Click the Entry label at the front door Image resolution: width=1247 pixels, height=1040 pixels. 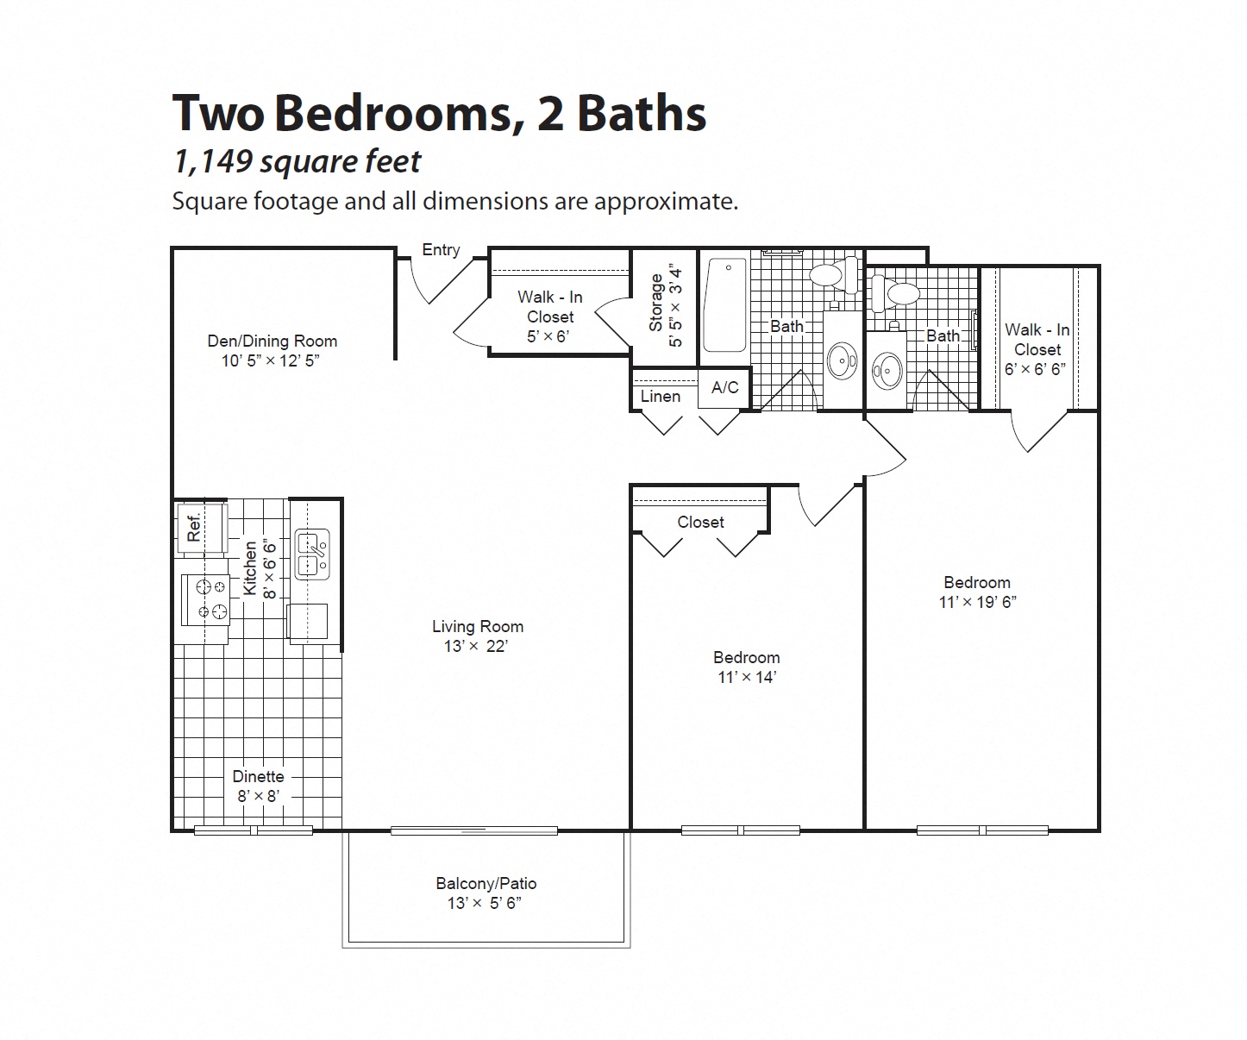(441, 250)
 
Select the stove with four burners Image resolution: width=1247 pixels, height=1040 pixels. (206, 599)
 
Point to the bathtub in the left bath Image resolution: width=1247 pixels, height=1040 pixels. (725, 305)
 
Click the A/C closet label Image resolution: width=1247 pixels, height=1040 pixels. (724, 388)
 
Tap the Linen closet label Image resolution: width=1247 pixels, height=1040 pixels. (661, 397)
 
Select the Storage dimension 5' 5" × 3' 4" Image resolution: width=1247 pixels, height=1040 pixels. (677, 307)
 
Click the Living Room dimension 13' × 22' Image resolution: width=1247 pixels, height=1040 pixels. (476, 646)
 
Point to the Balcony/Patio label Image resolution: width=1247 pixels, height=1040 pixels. (486, 883)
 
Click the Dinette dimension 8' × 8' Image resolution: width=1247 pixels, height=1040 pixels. (258, 796)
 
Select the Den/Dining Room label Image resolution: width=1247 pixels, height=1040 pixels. (272, 341)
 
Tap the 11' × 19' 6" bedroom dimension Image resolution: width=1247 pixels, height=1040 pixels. (977, 602)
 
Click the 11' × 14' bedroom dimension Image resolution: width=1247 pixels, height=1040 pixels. (747, 677)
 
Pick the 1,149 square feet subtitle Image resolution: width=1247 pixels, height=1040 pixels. (297, 161)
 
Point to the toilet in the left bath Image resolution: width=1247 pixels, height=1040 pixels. (830, 275)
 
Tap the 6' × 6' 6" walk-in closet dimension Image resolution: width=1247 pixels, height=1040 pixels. (1036, 369)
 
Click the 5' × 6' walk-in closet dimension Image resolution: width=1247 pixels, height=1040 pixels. (549, 336)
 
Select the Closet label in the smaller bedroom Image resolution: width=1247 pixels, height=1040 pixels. (700, 522)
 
